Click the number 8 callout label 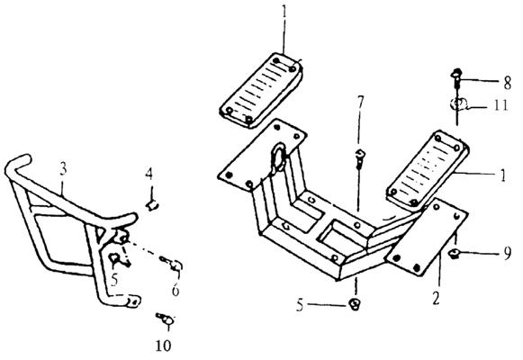pos(507,83)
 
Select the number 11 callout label pos(500,105)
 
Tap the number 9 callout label pos(508,254)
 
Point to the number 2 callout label pos(436,298)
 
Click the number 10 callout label pos(164,346)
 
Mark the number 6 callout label pos(176,290)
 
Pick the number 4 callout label pos(149,174)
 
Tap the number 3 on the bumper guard pos(63,169)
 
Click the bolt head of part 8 pos(456,73)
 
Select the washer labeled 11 pos(458,104)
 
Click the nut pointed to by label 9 pos(455,254)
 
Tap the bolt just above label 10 pos(166,319)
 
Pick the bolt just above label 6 pos(171,263)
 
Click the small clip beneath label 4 pos(152,205)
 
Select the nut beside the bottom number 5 pos(355,304)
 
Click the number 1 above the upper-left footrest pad pos(284,13)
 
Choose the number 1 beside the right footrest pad pos(503,175)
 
